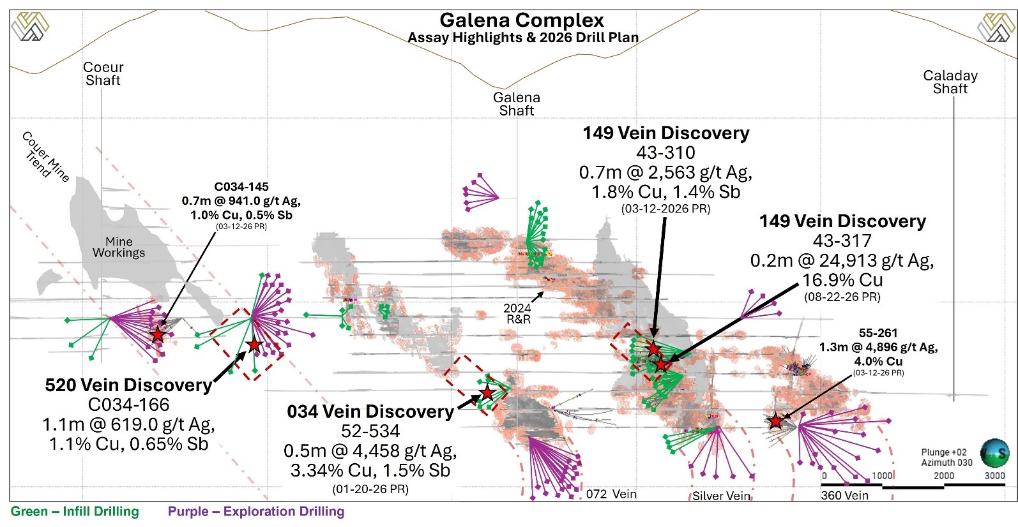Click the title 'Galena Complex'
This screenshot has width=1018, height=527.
point(521,20)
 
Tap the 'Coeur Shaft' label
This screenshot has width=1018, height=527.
point(103,74)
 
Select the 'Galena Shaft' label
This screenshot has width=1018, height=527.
point(516,104)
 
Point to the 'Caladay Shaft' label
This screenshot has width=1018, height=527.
point(950,82)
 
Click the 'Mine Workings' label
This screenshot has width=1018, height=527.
point(119,248)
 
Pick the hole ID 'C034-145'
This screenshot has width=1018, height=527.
point(241,187)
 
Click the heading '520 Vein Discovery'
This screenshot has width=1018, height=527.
point(128,385)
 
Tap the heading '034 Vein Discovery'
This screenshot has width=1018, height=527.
point(370,412)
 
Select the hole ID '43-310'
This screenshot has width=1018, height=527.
point(665,153)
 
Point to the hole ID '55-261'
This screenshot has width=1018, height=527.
point(878,333)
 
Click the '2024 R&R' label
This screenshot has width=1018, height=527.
point(517,314)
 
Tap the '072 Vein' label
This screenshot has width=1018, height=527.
point(611,494)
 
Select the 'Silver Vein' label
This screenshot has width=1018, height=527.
point(721,496)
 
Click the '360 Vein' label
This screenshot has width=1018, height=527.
point(844,495)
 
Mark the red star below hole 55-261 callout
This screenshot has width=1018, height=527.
point(775,421)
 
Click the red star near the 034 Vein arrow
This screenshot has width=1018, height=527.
point(487,392)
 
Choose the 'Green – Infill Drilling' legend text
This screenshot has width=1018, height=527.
point(75,512)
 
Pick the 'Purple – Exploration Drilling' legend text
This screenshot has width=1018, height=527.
point(256,512)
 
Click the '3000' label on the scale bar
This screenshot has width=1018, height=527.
point(994,476)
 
